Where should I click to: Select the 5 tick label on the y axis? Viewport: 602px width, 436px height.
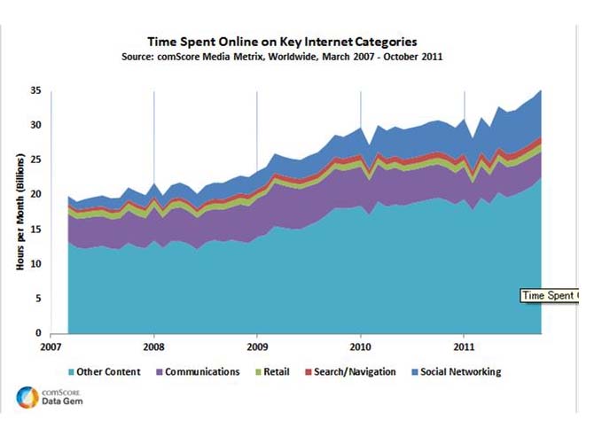[x=38, y=299]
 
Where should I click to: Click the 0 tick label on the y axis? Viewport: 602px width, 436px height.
[x=38, y=333]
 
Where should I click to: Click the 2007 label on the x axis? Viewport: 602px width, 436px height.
[x=51, y=348]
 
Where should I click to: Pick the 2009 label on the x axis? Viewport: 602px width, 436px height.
[x=257, y=348]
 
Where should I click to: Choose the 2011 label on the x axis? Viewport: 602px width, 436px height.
[x=464, y=348]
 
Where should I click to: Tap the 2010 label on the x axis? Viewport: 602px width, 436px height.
[x=360, y=348]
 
